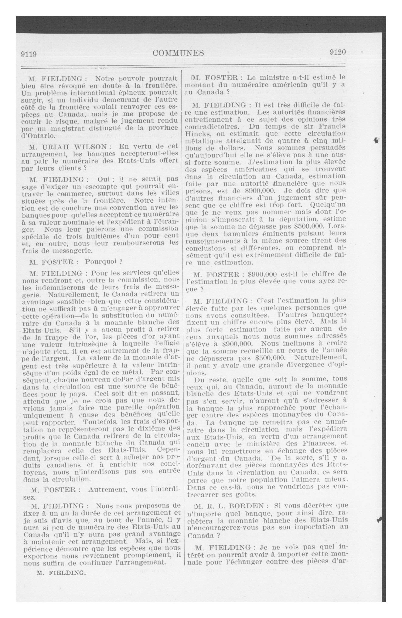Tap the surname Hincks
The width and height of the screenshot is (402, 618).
[x=198, y=134]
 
